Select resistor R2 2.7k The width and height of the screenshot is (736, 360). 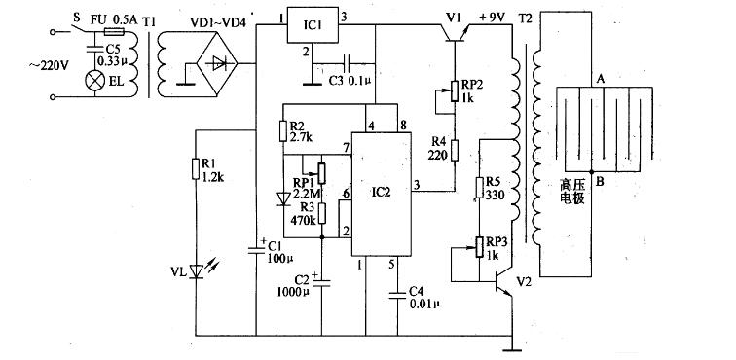pos(283,130)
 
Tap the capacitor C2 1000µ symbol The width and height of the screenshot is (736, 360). pos(322,282)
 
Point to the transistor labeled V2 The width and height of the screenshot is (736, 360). pos(503,283)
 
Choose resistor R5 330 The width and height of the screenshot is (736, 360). pos(480,188)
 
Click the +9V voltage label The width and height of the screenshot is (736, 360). pos(497,18)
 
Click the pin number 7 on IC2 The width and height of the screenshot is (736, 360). pos(345,147)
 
